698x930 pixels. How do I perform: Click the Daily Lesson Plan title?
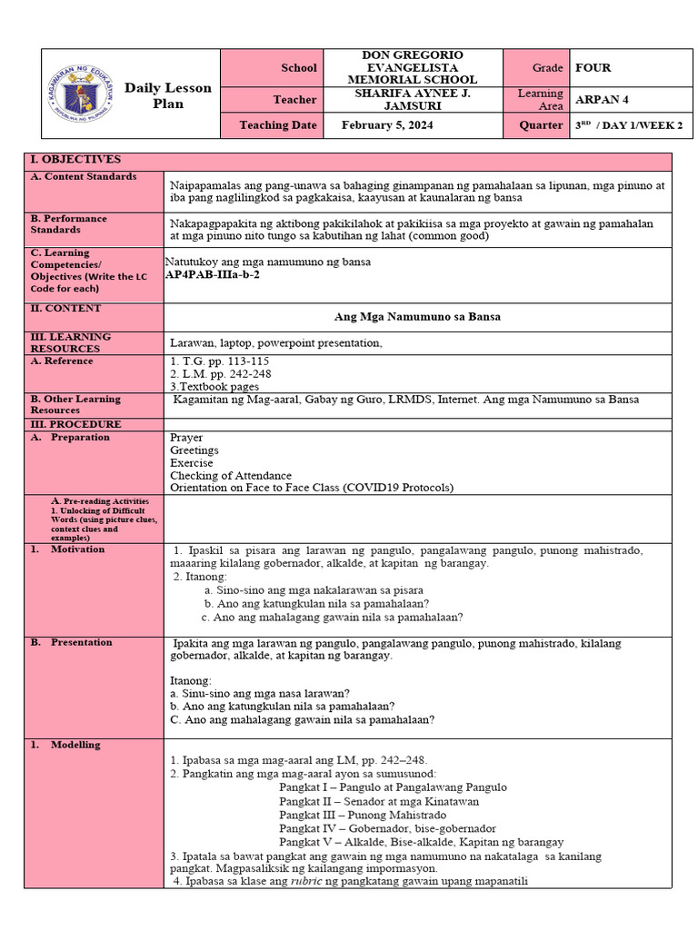167,95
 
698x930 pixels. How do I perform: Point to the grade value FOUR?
593,67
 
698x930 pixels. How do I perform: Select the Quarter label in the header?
541,125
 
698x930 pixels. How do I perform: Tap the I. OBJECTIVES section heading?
75,160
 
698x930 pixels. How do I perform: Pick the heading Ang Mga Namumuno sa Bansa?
418,317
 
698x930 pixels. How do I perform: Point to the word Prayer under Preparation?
186,438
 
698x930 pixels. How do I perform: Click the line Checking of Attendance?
231,475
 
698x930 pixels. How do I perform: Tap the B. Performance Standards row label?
68,224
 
